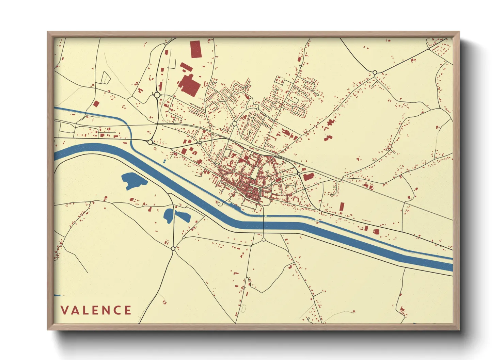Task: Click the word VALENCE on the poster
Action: [96, 310]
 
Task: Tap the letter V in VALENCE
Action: [64, 310]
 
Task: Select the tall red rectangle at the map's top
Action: [195, 49]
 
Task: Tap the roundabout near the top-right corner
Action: [375, 72]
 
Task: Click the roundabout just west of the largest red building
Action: [157, 95]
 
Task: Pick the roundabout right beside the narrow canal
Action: [150, 142]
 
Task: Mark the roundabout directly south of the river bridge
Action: [263, 240]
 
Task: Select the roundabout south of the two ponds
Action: [173, 249]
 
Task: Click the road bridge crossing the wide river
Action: [263, 223]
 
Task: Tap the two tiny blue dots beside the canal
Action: [164, 161]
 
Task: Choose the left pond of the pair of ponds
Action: [168, 216]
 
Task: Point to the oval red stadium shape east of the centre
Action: [278, 179]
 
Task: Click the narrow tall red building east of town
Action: [342, 207]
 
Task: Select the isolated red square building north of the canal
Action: [96, 104]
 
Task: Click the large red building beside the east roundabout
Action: [309, 177]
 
